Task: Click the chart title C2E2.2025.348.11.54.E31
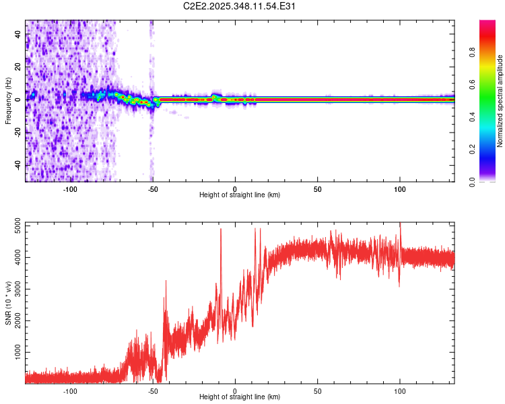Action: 240,6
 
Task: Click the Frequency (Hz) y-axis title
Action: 8,101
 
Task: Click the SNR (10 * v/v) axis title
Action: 8,303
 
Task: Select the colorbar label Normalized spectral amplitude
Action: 500,101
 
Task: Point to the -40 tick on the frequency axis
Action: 18,165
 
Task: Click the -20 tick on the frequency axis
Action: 18,132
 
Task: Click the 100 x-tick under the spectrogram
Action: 400,188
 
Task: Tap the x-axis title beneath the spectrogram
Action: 240,195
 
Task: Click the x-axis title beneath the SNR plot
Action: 240,398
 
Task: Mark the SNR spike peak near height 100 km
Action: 401,224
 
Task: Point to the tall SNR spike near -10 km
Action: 220,230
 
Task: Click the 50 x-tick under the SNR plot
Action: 318,391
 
